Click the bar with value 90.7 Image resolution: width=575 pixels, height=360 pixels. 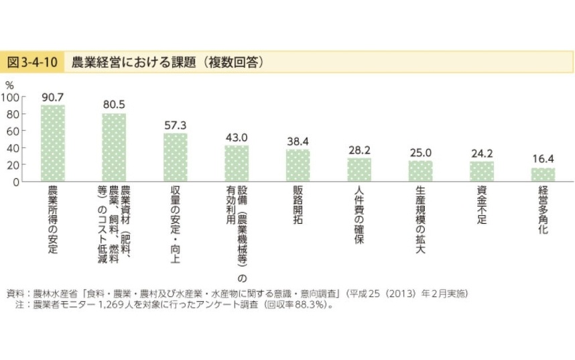[x=53, y=143]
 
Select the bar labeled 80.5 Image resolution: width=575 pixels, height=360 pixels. [x=114, y=147]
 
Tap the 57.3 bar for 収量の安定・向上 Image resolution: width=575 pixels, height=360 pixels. [x=176, y=157]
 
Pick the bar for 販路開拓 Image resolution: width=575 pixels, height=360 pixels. [x=298, y=165]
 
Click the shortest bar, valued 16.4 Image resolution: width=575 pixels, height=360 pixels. [x=543, y=174]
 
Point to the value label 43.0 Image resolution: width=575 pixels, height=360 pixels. [x=237, y=137]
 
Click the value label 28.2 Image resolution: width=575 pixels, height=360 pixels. [x=359, y=149]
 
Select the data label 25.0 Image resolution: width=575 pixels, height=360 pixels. [x=421, y=152]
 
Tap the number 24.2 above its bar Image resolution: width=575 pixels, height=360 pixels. [x=482, y=153]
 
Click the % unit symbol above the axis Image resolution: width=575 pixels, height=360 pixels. [x=9, y=84]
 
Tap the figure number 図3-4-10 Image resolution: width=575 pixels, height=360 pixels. [x=33, y=62]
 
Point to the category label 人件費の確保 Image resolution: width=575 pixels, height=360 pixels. [x=359, y=219]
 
